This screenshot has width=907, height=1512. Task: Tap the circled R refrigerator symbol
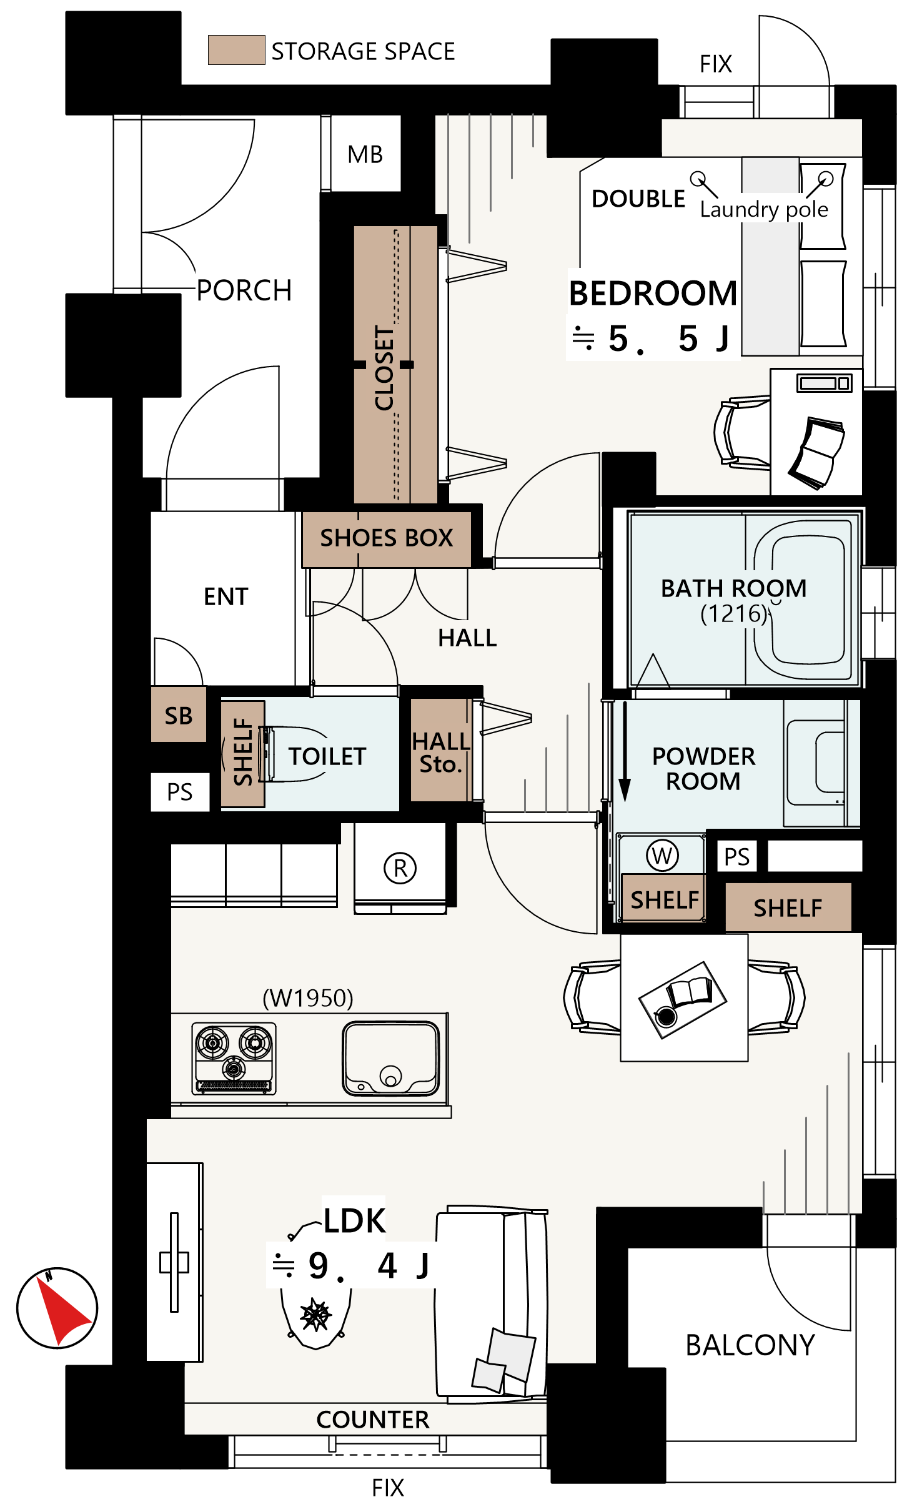coord(400,867)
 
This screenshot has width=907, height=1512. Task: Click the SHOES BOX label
coord(386,538)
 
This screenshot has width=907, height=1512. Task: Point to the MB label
coord(365,154)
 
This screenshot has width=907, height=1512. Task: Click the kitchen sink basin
coord(391,1059)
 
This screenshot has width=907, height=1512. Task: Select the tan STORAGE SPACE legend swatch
coord(236,50)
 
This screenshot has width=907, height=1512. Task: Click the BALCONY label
coord(750,1345)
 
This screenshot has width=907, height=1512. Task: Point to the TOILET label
coord(327,756)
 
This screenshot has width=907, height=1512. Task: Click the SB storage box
coord(179,714)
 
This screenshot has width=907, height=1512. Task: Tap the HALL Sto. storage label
coord(441,752)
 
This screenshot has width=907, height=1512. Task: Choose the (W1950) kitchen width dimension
coord(308,998)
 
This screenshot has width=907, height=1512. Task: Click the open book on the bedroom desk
coord(816,452)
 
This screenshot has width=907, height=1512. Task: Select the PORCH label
coord(244,290)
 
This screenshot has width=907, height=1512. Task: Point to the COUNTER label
coord(373,1420)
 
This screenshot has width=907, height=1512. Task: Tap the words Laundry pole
coord(764,209)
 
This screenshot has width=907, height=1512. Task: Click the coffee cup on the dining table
coord(665,1017)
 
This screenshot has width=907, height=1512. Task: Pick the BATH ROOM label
coord(734,588)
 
